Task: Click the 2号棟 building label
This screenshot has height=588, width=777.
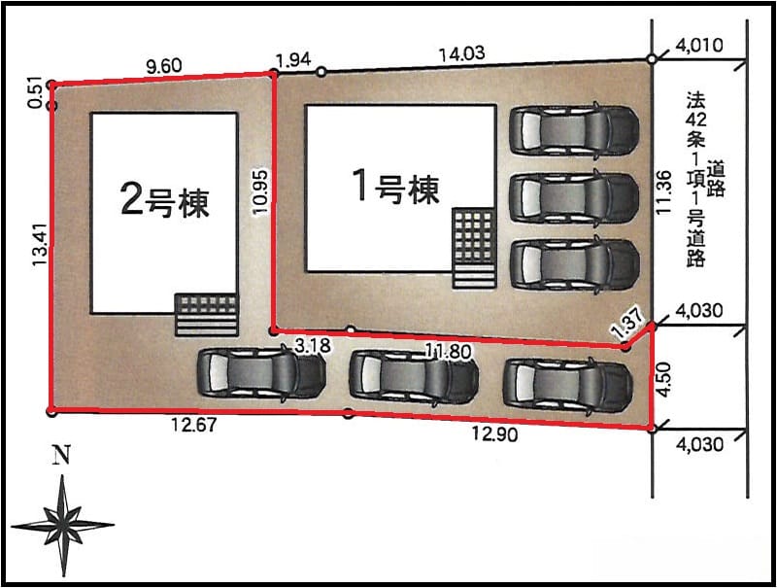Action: (x=165, y=202)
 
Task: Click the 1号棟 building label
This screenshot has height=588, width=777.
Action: (x=395, y=187)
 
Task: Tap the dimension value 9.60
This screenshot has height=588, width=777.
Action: (x=164, y=65)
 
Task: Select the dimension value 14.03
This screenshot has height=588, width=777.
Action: (x=462, y=53)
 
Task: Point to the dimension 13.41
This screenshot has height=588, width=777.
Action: (x=40, y=244)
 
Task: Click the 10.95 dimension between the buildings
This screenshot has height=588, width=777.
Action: (x=260, y=191)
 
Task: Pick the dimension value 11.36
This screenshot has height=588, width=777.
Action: (x=664, y=191)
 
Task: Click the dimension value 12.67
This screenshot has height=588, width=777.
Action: (x=193, y=425)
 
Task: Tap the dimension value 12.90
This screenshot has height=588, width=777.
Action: (x=494, y=433)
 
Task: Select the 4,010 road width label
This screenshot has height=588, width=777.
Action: (x=699, y=46)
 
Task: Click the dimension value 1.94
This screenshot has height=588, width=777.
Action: (x=293, y=60)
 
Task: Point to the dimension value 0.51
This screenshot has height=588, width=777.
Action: (x=35, y=92)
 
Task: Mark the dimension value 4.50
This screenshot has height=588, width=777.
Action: (x=664, y=379)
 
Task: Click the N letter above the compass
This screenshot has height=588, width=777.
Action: (x=61, y=455)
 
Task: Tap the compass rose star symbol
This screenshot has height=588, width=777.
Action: (x=63, y=526)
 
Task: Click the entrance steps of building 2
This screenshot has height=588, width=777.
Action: (x=207, y=315)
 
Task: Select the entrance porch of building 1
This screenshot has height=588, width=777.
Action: (x=474, y=249)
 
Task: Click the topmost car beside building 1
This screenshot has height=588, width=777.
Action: (x=574, y=129)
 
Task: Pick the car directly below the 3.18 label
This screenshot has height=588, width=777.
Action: (x=261, y=373)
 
